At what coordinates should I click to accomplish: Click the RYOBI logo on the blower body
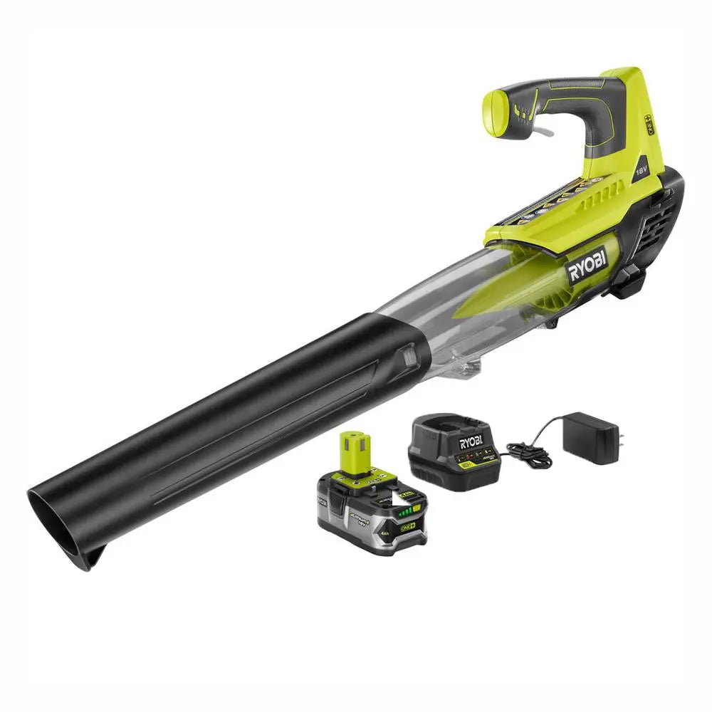pyautogui.click(x=587, y=265)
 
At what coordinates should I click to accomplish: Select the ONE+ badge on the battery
pyautogui.click(x=409, y=525)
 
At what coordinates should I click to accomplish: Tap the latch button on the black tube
pyautogui.click(x=410, y=354)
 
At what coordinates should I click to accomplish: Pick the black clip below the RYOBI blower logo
pyautogui.click(x=626, y=285)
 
